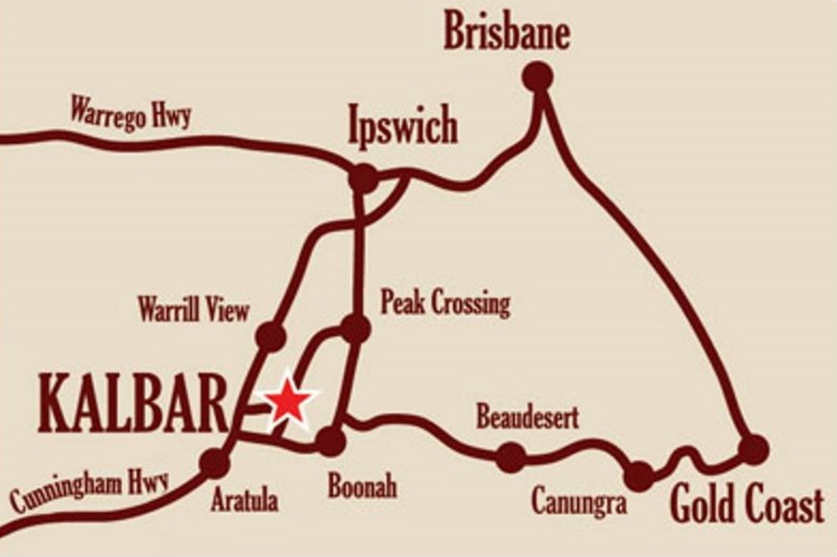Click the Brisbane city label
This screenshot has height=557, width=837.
pos(507,32)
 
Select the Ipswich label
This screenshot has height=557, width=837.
pos(402,125)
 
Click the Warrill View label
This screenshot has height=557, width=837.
pos(193,310)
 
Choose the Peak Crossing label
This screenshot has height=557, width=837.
pos(445,303)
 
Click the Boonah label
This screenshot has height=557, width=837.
pos(362,486)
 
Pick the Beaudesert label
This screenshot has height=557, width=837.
pos(527,417)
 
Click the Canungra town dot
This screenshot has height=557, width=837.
pos(639,475)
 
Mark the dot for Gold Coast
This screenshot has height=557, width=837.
pos(753,448)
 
